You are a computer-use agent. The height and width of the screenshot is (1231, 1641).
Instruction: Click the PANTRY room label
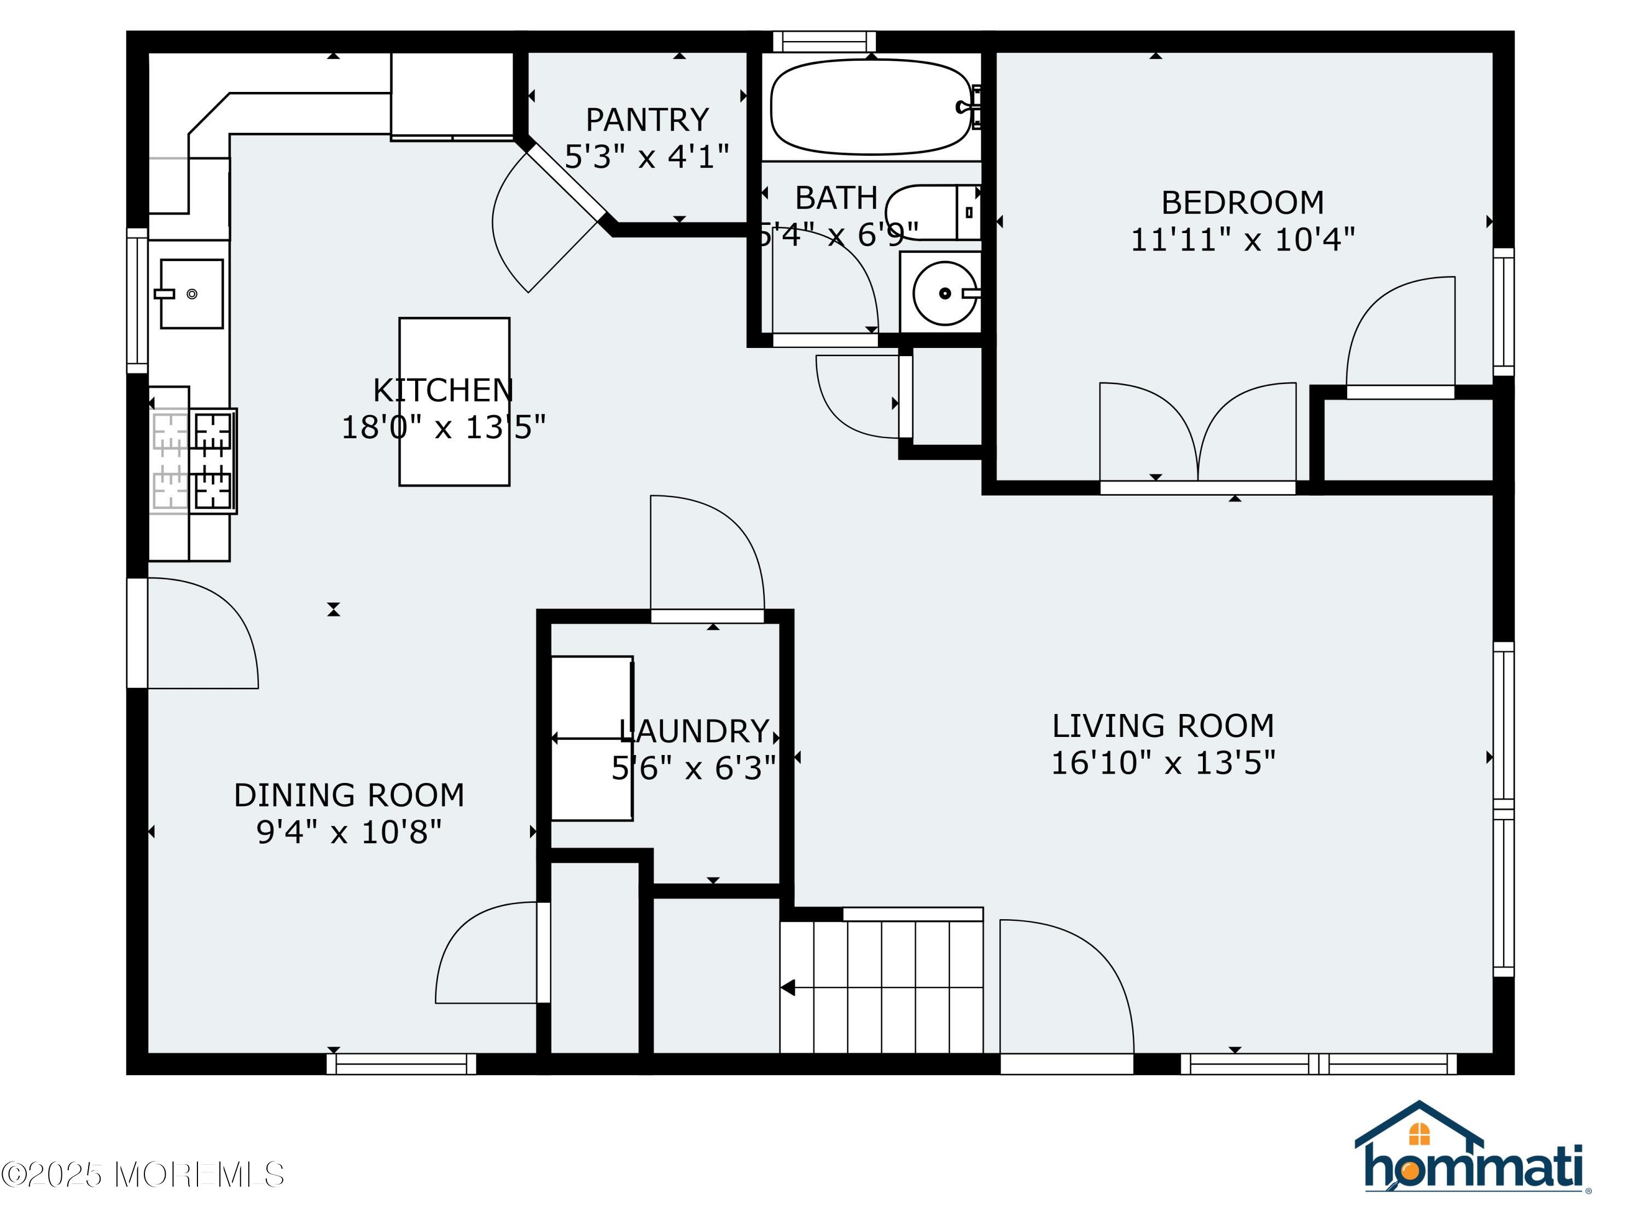[x=647, y=119]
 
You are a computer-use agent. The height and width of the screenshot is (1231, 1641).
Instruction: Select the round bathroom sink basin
[x=944, y=293]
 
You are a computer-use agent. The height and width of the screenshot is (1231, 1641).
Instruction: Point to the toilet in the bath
[x=933, y=212]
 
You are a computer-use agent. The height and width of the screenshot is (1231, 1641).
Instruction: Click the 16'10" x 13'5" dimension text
[x=1163, y=763]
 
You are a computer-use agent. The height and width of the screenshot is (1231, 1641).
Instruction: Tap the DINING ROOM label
[x=348, y=795]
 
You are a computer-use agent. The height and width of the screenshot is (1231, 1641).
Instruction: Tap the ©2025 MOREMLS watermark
[x=142, y=1175]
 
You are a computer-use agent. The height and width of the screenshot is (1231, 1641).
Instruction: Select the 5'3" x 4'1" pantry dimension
[x=647, y=156]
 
